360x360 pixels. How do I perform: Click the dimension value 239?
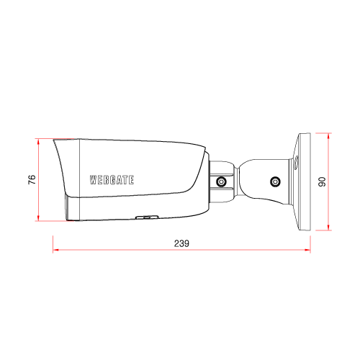pyautogui.click(x=181, y=243)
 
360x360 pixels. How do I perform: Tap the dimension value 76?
pyautogui.click(x=32, y=179)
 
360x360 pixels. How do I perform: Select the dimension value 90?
pyautogui.click(x=322, y=181)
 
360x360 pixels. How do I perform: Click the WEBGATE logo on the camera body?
pyautogui.click(x=112, y=180)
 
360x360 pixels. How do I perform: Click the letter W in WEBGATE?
pyautogui.click(x=93, y=180)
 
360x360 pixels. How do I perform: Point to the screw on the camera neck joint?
pyautogui.click(x=221, y=181)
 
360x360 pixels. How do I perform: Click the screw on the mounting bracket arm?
pyautogui.click(x=275, y=181)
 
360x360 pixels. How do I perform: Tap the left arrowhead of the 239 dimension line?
pyautogui.click(x=55, y=250)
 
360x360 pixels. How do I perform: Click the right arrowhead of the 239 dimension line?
pyautogui.click(x=307, y=250)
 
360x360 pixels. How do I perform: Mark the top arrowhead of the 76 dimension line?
pyautogui.click(x=38, y=142)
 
